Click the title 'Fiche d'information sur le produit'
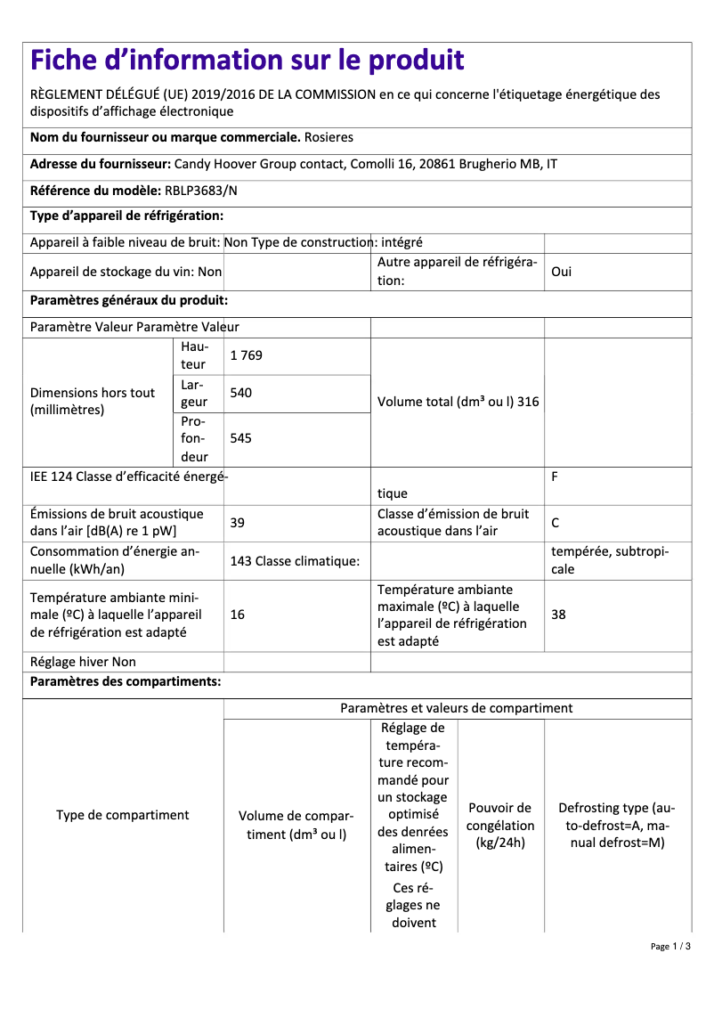[247, 61]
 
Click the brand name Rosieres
[329, 137]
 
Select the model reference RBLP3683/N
[201, 191]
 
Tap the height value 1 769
[246, 355]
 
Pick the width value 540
[240, 392]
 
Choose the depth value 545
[240, 438]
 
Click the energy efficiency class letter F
[555, 476]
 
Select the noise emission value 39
[237, 523]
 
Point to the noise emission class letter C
[556, 523]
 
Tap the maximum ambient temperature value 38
[558, 615]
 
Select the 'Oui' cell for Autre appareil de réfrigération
[561, 272]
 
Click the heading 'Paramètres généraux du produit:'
[129, 301]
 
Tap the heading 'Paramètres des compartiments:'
[126, 682]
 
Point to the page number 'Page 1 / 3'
[669, 946]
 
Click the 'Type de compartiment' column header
[122, 815]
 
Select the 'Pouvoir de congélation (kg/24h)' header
[500, 825]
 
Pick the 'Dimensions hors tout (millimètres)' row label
[93, 402]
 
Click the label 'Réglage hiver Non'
[83, 662]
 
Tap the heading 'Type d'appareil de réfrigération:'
[126, 216]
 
